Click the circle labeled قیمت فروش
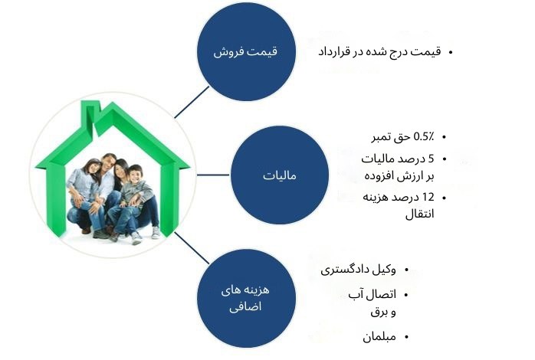pyautogui.click(x=246, y=52)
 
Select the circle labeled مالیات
pyautogui.click(x=280, y=175)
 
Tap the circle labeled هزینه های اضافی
pyautogui.click(x=246, y=298)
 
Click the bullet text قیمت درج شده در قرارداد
pyautogui.click(x=379, y=52)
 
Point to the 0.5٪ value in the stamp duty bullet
pyautogui.click(x=424, y=136)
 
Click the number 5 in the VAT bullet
pyautogui.click(x=431, y=159)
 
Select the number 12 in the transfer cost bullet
pyautogui.click(x=428, y=197)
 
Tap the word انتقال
pyautogui.click(x=420, y=214)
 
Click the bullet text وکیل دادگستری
pyautogui.click(x=358, y=270)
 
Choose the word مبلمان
pyautogui.click(x=379, y=337)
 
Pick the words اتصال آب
pyautogui.click(x=373, y=294)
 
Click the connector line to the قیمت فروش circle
pyautogui.click(x=192, y=102)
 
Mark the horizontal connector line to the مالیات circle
pyautogui.click(x=213, y=175)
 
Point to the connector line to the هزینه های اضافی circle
pyautogui.click(x=192, y=248)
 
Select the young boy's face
pyautogui.click(x=135, y=175)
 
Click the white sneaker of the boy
pyautogui.click(x=136, y=238)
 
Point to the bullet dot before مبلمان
pyautogui.click(x=406, y=338)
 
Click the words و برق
pyautogui.click(x=383, y=312)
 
